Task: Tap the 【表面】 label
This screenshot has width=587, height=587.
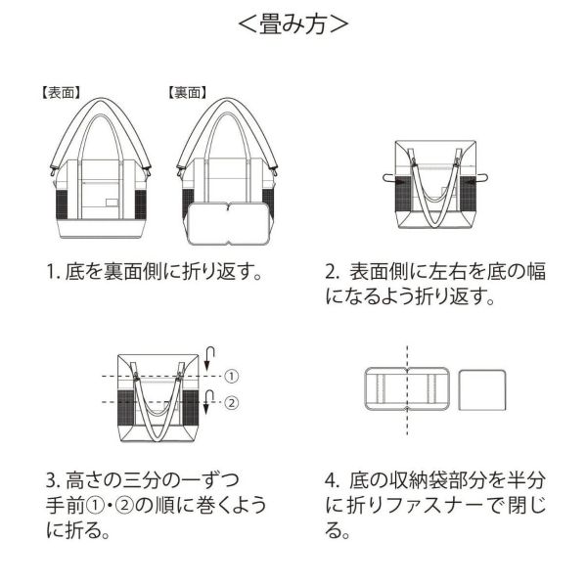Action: tap(61, 93)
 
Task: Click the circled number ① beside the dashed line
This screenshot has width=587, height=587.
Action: tap(232, 376)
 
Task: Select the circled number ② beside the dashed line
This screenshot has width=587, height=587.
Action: tap(232, 402)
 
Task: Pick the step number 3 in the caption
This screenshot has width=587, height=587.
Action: tap(50, 481)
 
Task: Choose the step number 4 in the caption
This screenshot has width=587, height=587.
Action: tap(332, 481)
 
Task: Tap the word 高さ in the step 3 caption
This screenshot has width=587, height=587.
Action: tap(79, 481)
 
